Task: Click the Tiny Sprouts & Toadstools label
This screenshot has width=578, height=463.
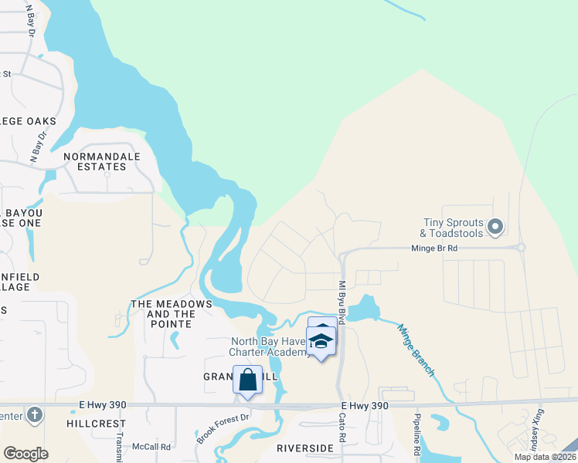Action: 451,228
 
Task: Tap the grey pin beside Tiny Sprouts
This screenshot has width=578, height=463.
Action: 496,228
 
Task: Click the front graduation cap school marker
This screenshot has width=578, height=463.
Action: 321,340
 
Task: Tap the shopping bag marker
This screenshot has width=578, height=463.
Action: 247,380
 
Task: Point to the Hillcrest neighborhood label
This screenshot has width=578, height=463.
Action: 96,424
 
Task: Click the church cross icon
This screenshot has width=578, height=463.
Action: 33,416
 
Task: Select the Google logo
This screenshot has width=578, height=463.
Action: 26,453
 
